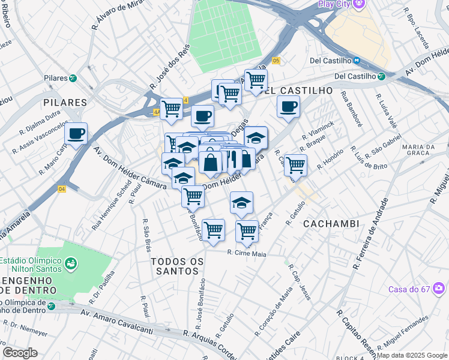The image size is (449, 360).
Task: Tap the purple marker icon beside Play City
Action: click(x=359, y=4)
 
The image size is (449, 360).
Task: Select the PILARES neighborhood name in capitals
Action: click(x=65, y=103)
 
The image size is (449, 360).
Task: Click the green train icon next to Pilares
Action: click(x=73, y=78)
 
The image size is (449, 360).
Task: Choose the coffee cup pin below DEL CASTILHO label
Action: click(x=288, y=107)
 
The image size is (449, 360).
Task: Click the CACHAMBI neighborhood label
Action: click(x=331, y=224)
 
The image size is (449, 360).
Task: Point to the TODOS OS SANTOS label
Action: click(x=175, y=266)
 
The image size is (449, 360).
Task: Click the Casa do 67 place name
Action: click(x=409, y=289)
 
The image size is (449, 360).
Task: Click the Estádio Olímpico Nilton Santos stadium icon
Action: click(x=71, y=263)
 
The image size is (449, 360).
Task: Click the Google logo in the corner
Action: click(x=20, y=353)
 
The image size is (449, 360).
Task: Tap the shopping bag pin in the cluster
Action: click(x=211, y=163)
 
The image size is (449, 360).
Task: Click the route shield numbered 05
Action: click(x=276, y=61)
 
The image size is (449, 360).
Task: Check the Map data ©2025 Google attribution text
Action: click(x=412, y=355)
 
